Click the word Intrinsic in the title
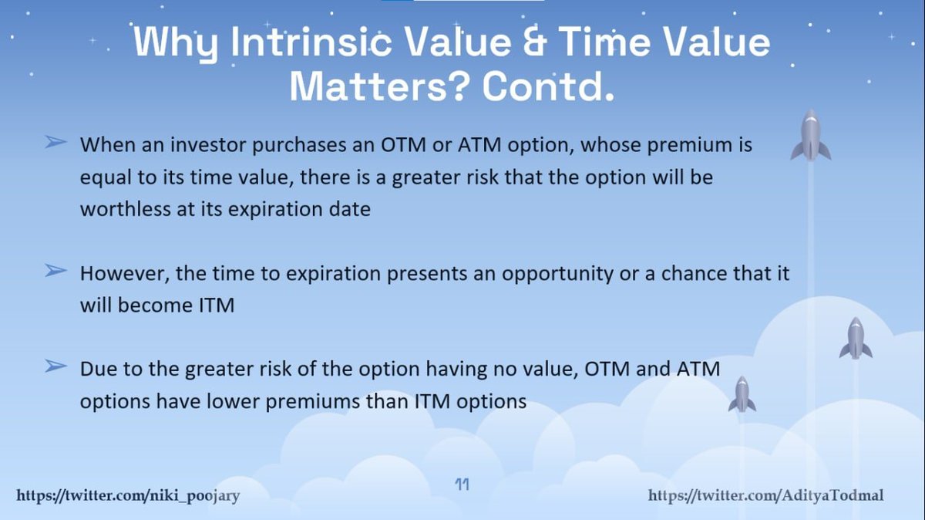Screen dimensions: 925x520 pos(311,42)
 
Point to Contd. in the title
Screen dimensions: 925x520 pos(548,87)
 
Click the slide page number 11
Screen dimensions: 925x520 pos(462,484)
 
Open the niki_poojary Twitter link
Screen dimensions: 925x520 pos(128,495)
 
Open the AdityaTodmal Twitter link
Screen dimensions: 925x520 pos(765,495)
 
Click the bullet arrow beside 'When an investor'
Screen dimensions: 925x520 pos(55,142)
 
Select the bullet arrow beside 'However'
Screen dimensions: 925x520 pos(55,271)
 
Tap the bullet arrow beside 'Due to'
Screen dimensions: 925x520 pos(55,366)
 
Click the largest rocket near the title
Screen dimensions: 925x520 pos(811,135)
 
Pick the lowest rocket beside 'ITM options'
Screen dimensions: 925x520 pos(742,394)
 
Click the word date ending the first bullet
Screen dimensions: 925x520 pos(350,209)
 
